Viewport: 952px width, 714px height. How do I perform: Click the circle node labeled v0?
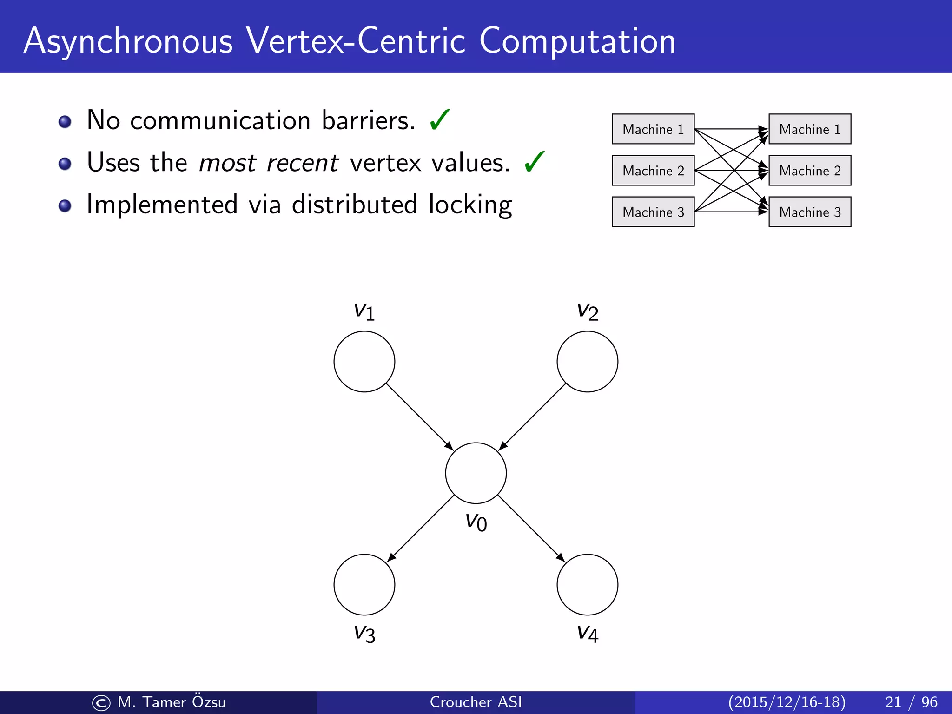click(x=476, y=473)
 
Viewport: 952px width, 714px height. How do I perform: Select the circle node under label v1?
click(x=364, y=361)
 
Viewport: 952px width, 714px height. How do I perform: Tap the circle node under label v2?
click(x=587, y=361)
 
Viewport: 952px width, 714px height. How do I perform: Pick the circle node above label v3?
click(x=364, y=584)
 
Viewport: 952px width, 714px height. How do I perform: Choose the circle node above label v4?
click(x=587, y=584)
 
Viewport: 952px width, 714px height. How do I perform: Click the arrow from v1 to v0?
click(x=419, y=416)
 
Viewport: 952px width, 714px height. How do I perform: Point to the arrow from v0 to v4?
click(x=531, y=529)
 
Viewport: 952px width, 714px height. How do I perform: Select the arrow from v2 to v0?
click(x=532, y=416)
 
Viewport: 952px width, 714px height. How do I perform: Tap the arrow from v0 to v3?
click(x=421, y=529)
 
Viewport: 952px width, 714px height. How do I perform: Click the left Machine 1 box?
click(x=653, y=129)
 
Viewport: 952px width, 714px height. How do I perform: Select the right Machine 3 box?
click(x=809, y=212)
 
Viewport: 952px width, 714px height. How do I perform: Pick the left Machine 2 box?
click(x=653, y=171)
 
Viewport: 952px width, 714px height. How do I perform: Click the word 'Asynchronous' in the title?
click(x=128, y=42)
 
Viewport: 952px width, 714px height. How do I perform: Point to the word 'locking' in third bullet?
click(x=470, y=205)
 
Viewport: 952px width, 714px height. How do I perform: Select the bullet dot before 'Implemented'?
click(x=65, y=205)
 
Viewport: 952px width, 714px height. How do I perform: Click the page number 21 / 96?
click(x=911, y=702)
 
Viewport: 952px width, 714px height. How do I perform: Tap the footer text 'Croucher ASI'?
click(x=476, y=702)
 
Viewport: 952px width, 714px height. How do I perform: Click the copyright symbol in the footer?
click(x=101, y=703)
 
